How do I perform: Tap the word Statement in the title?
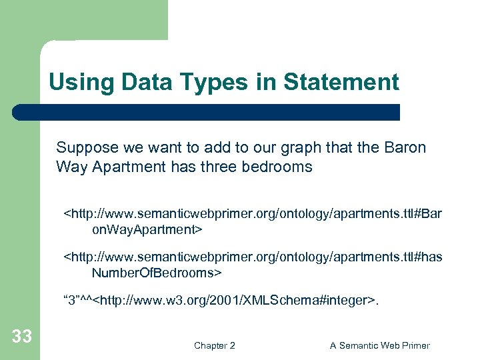(x=341, y=83)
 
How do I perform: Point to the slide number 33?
(x=21, y=337)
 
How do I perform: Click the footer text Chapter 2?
(x=214, y=345)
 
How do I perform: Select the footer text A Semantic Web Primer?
(x=380, y=345)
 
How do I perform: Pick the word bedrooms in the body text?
(x=281, y=167)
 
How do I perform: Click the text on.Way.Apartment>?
(x=147, y=229)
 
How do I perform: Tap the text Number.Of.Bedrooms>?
(x=156, y=273)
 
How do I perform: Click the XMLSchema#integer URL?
(x=237, y=301)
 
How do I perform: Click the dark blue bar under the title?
(x=207, y=112)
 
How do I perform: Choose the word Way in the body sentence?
(x=70, y=167)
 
